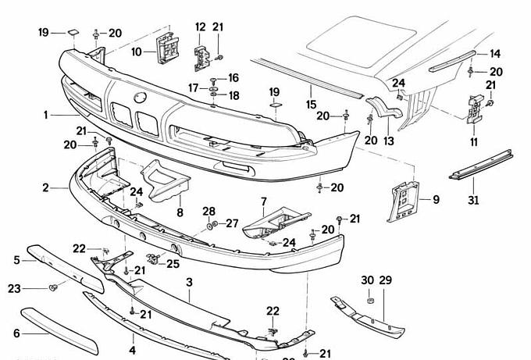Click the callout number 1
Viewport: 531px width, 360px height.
46,115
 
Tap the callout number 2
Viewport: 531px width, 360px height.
46,187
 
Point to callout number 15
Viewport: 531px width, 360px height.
311,104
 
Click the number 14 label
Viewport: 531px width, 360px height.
494,54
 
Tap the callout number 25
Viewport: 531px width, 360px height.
173,263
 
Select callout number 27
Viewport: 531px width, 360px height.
231,223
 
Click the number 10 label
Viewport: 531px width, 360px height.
137,52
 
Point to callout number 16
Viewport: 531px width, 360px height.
233,78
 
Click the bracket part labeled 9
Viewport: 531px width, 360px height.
404,200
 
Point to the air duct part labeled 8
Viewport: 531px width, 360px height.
169,182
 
